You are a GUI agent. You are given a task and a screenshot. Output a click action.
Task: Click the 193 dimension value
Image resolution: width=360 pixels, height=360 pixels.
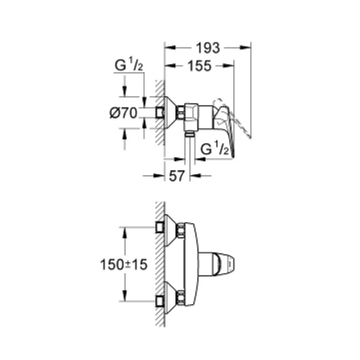coord(208,48)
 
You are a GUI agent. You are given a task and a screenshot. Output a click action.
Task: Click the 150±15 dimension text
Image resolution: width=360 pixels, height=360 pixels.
coord(123,265)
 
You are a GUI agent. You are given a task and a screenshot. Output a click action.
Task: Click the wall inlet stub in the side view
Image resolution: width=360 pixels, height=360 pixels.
coord(159,113)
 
